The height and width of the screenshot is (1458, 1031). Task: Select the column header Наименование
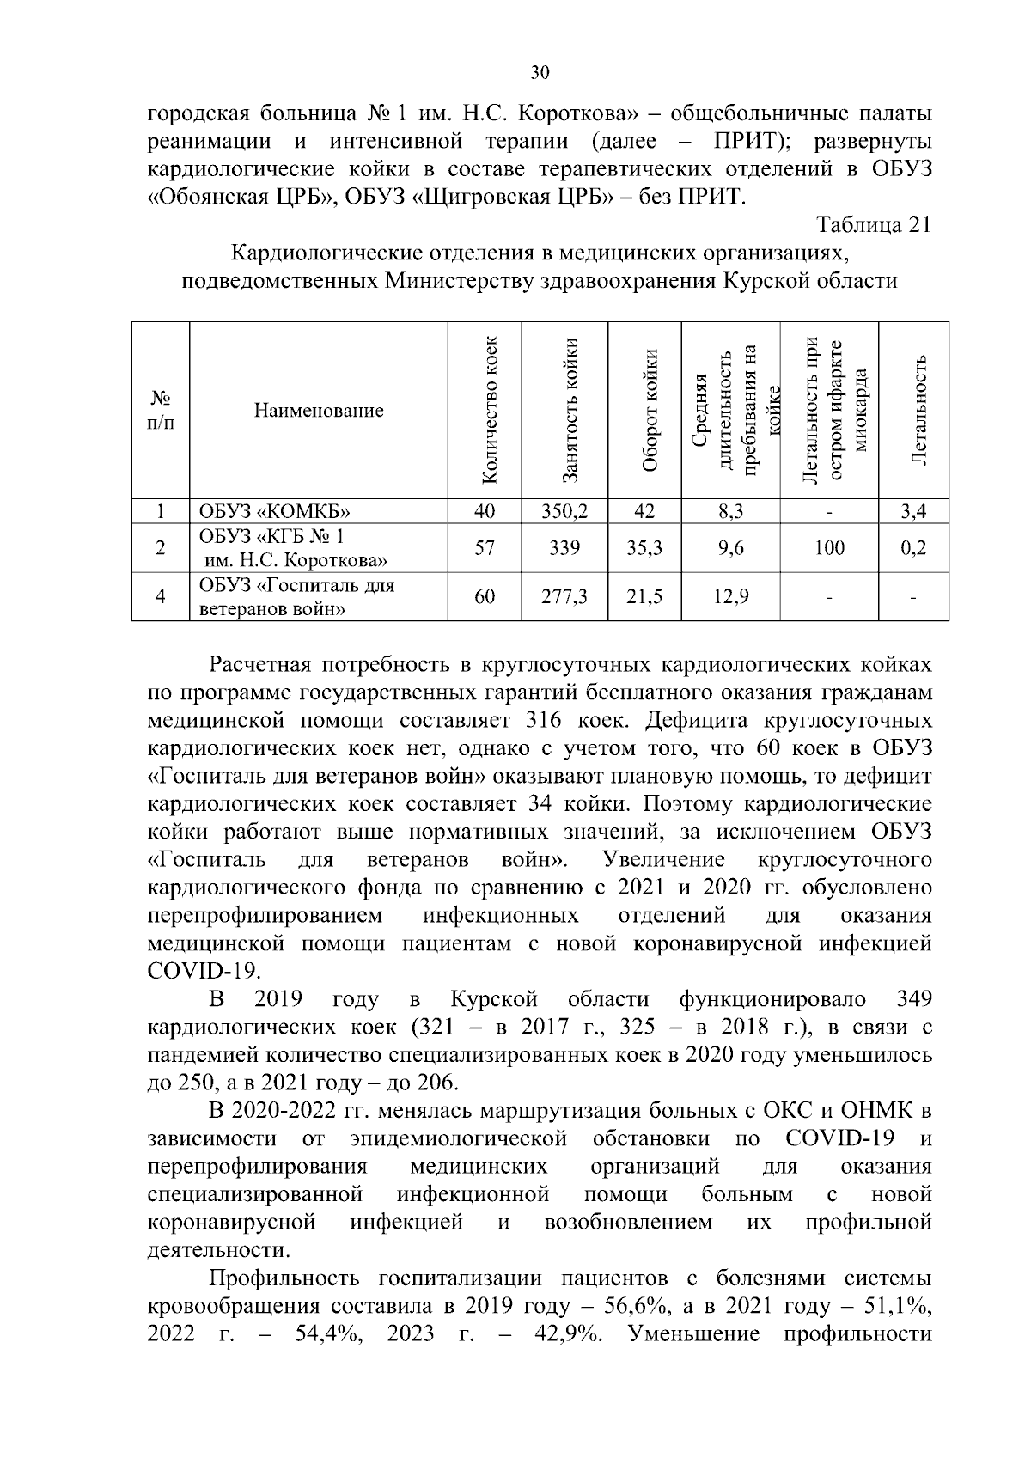coord(319,411)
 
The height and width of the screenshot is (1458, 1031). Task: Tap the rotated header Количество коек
coord(486,410)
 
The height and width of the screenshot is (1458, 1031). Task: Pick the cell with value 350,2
coord(564,512)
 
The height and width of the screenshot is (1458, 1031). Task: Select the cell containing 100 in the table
coord(829,547)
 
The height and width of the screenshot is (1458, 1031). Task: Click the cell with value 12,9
coord(730,595)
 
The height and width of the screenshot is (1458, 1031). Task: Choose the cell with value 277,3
coord(564,595)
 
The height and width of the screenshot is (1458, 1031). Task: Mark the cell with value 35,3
coord(644,547)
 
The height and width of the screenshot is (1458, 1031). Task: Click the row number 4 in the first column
coord(160,595)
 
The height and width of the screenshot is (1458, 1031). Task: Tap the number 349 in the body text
coord(913,999)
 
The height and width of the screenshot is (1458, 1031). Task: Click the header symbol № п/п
coord(160,410)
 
